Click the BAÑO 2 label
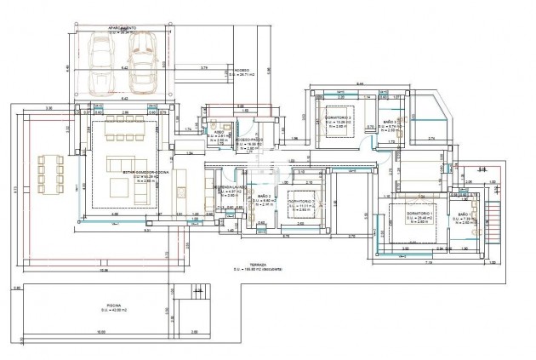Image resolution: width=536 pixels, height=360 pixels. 262,197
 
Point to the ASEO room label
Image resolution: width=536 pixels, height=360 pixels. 219,133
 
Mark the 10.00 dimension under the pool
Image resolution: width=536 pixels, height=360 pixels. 100,332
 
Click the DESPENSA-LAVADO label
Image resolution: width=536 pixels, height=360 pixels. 230,186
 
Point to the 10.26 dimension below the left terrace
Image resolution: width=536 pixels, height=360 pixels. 104,271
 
